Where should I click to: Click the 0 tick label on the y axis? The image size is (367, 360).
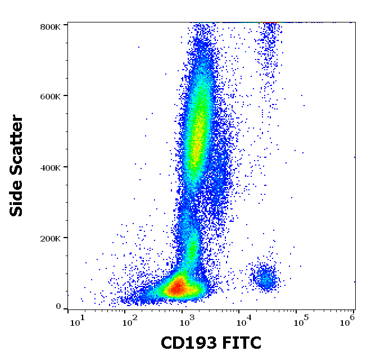tap(58, 307)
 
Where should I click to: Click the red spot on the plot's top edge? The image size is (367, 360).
tap(270, 23)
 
